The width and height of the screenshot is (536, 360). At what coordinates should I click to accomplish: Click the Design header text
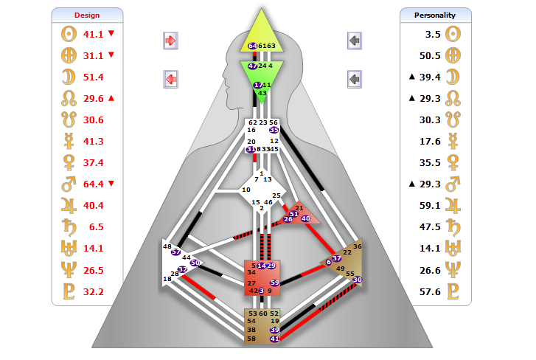(x=87, y=15)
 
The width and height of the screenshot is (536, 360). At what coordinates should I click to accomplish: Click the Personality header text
(x=435, y=15)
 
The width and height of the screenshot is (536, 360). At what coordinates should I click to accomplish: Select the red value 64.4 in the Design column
(x=93, y=184)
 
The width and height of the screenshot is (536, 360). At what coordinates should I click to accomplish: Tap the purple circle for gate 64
(x=253, y=46)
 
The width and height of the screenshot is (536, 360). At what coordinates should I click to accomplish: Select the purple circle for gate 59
(x=274, y=283)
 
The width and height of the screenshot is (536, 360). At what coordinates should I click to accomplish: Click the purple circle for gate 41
(x=274, y=339)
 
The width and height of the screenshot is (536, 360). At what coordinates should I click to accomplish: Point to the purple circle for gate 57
(x=175, y=252)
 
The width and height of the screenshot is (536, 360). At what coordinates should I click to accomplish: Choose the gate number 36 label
(x=358, y=246)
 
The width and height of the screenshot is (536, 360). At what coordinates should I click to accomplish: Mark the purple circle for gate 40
(x=305, y=218)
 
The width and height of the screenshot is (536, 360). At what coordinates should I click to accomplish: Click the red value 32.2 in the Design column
(x=93, y=291)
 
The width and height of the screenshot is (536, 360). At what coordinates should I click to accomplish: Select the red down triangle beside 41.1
(x=111, y=34)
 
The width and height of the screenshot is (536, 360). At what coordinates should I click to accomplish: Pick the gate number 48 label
(x=167, y=246)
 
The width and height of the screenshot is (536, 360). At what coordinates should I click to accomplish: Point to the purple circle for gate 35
(x=274, y=130)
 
